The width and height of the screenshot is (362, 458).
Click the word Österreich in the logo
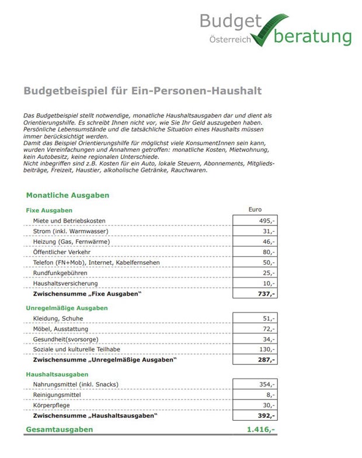(230, 40)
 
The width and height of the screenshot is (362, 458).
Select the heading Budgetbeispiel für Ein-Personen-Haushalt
(142, 91)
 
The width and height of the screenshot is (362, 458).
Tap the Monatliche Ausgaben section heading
(67, 195)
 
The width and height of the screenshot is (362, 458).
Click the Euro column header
(255, 209)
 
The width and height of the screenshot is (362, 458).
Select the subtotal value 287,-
(267, 360)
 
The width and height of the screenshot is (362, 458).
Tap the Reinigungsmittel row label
(57, 395)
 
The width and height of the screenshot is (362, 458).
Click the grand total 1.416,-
(261, 429)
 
